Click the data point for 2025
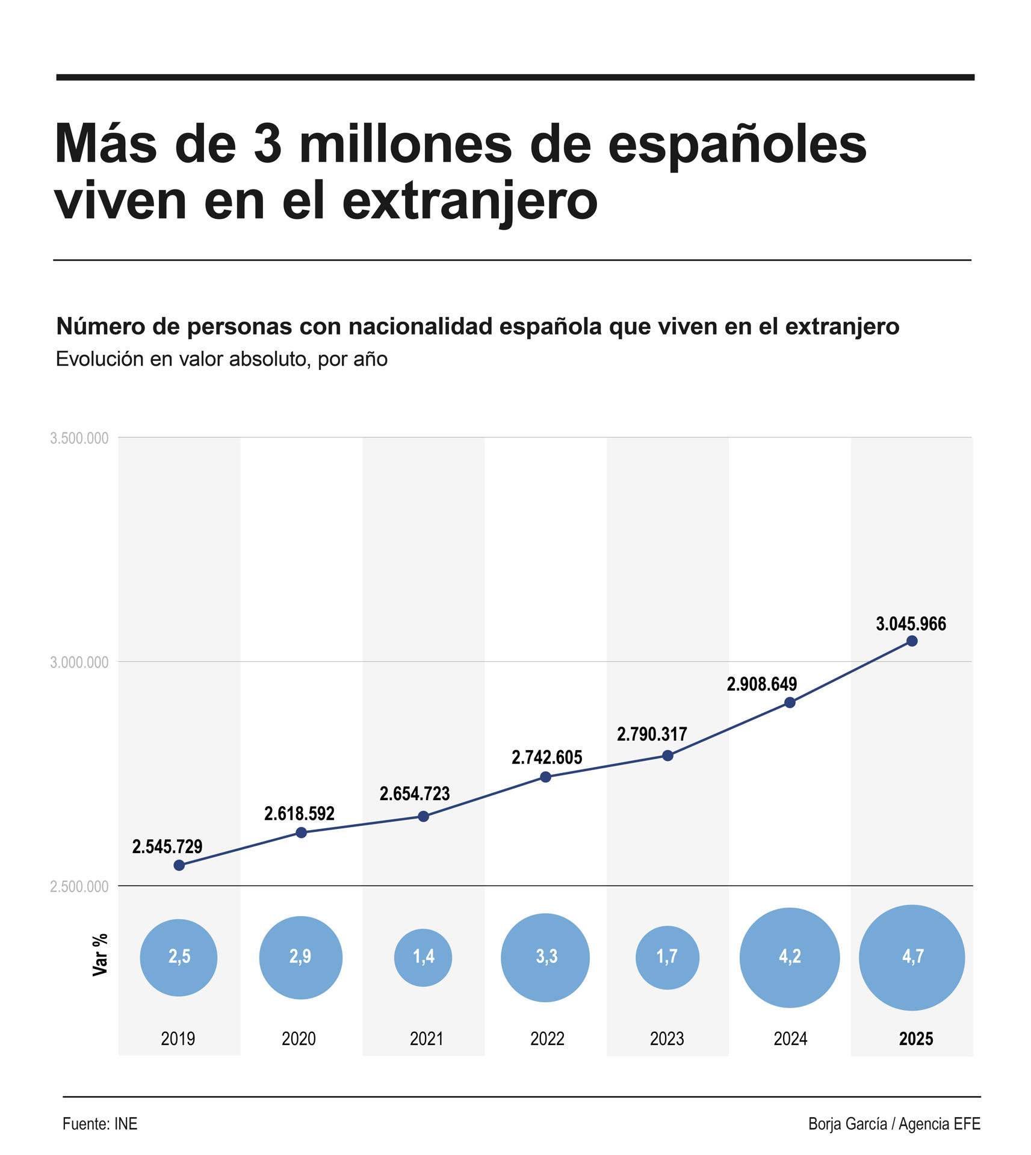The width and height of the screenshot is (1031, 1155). [x=911, y=641]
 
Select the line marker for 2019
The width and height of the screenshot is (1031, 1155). [x=179, y=865]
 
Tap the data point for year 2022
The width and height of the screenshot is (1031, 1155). [x=545, y=777]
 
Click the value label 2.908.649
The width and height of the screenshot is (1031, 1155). [x=761, y=684]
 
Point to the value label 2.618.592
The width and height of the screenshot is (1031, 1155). [x=299, y=814]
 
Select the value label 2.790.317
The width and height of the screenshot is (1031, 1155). [x=652, y=735]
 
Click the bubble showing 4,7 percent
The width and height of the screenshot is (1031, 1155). [x=912, y=956]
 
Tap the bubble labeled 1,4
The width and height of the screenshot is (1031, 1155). [x=423, y=956]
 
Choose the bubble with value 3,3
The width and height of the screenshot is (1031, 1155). [x=545, y=956]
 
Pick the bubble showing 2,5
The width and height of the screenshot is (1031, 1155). [x=179, y=956]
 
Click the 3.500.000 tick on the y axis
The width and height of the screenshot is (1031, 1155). [x=79, y=438]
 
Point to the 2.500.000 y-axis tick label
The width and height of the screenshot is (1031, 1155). [x=79, y=886]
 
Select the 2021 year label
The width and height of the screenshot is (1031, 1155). [x=426, y=1039]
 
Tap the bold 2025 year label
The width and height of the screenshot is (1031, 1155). [x=915, y=1039]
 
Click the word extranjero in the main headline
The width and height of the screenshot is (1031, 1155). [x=469, y=201]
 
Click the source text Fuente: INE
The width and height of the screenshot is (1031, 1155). [x=100, y=1124]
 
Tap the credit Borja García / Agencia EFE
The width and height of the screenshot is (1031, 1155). [x=894, y=1124]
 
